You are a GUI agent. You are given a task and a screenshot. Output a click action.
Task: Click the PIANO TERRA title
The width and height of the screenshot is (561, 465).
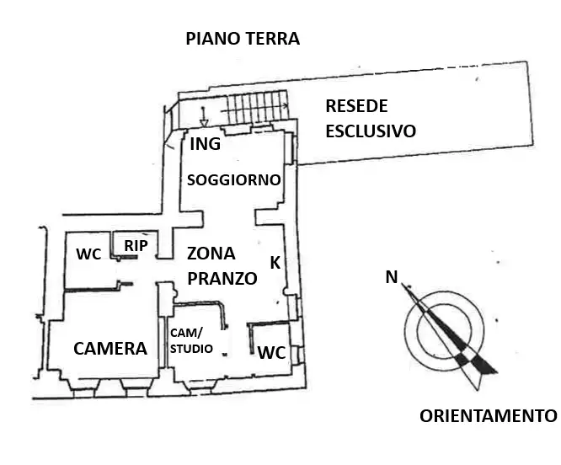(243, 39)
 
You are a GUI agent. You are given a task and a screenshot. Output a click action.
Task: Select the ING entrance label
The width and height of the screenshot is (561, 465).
(205, 144)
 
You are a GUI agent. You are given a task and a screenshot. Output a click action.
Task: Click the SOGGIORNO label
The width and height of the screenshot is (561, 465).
(233, 179)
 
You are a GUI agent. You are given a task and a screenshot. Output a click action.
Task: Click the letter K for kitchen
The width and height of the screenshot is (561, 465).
(275, 262)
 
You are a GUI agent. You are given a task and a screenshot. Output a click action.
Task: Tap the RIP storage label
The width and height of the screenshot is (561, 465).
(136, 245)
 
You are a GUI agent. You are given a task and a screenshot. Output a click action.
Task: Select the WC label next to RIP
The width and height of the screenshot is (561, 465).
(88, 254)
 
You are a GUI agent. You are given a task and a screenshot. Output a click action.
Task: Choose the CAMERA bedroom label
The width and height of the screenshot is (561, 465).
(110, 349)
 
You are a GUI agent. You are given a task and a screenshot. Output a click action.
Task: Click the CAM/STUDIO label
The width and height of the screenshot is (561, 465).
(192, 341)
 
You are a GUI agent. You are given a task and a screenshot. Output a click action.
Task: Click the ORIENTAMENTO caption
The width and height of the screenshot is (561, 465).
(488, 416)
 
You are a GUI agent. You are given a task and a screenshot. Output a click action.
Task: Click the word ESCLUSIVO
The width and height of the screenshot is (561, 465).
(371, 131)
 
